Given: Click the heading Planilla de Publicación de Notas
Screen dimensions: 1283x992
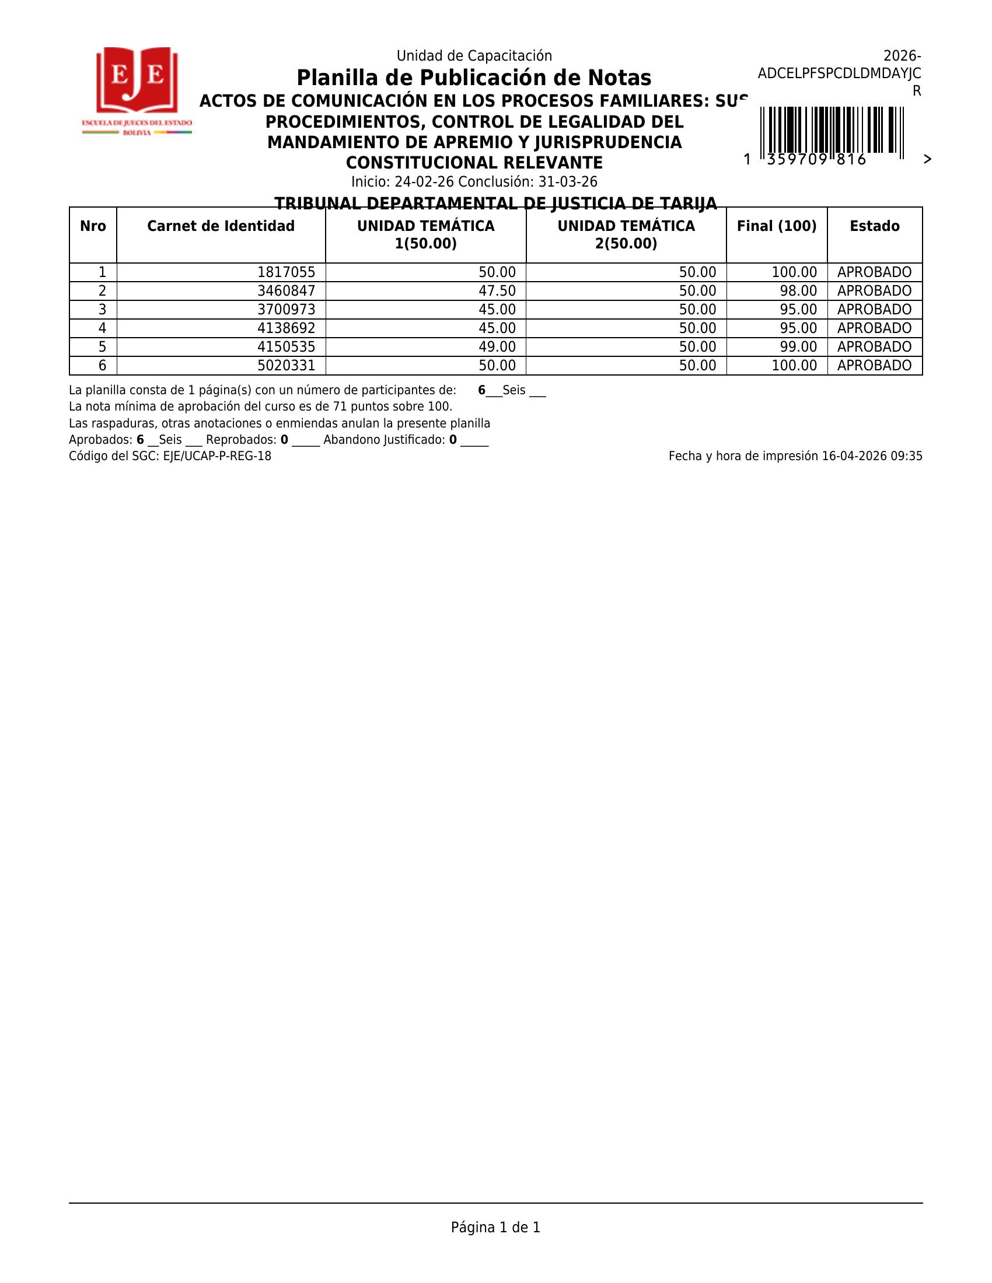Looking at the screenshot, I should [474, 78].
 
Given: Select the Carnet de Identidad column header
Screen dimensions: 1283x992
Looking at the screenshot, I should [221, 226].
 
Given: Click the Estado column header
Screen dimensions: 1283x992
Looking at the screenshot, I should [874, 226].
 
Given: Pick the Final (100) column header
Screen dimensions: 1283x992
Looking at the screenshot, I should [776, 226].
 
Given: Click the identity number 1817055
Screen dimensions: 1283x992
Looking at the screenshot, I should [286, 272].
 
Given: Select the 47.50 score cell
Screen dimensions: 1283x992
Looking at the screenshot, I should [497, 291].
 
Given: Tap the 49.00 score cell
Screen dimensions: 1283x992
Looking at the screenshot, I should [497, 346].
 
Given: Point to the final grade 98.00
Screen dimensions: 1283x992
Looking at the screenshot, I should [798, 291].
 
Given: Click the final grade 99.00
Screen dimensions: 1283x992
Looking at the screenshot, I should [798, 346].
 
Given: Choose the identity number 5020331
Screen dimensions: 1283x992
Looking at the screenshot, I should [286, 366].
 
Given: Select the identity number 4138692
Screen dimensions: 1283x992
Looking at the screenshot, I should [286, 328].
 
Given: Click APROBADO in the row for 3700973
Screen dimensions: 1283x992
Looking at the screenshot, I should [874, 310].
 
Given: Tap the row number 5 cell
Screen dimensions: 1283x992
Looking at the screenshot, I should [102, 346].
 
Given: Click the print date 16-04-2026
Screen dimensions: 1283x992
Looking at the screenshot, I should [854, 457].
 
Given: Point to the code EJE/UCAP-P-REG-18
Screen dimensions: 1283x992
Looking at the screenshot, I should [217, 457].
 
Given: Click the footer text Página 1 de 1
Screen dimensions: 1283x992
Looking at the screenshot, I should [495, 1227].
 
